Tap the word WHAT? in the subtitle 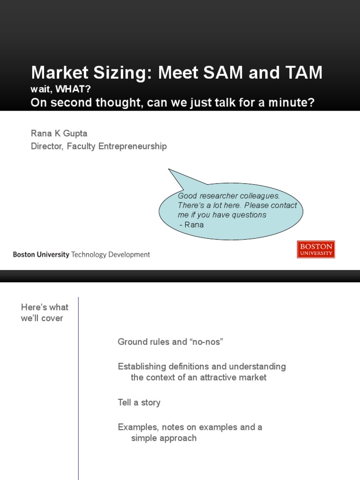pos(73,90)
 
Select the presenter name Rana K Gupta pos(59,134)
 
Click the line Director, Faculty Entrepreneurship pos(98,146)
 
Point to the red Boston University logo pos(316,249)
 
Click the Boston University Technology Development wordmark pos(81,255)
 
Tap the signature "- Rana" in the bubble pos(192,225)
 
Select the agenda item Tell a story pos(139,402)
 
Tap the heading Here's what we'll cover pos(45,313)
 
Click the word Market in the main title pos(61,73)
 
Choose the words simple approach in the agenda pos(164,438)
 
